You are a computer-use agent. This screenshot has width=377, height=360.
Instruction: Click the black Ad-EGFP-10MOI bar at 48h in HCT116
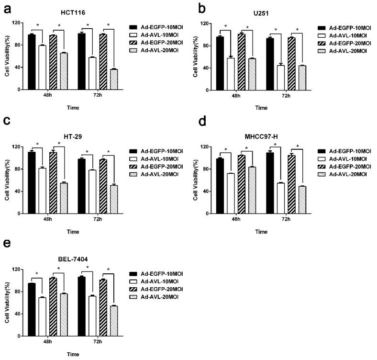pos(32,62)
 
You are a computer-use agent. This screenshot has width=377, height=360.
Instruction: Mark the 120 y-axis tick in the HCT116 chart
pos(17,23)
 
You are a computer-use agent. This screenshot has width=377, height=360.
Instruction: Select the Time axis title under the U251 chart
pos(261,108)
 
